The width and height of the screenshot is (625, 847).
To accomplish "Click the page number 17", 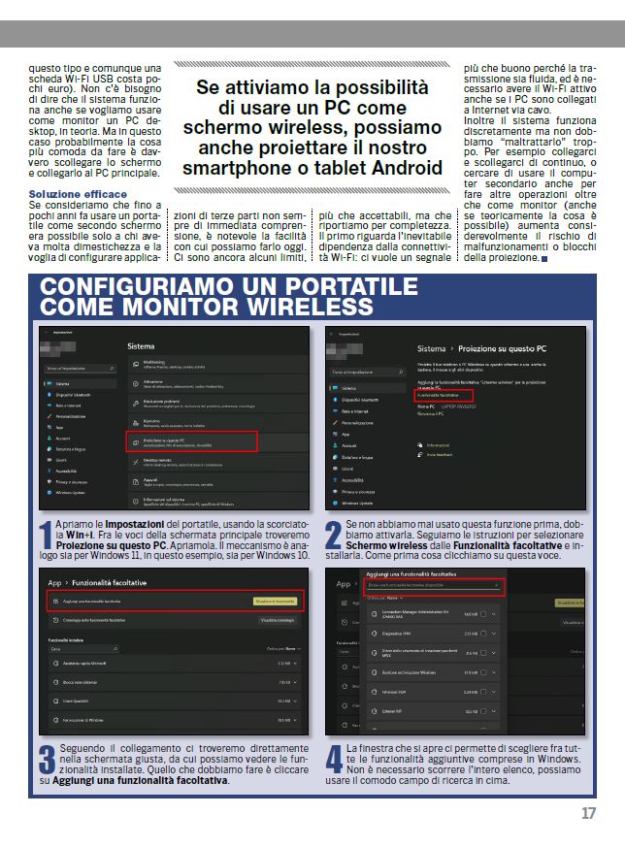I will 589,813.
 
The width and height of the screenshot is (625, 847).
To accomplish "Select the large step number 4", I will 333,760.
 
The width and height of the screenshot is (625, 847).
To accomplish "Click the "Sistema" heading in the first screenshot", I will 142,344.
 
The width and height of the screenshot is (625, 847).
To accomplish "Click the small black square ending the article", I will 544,259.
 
